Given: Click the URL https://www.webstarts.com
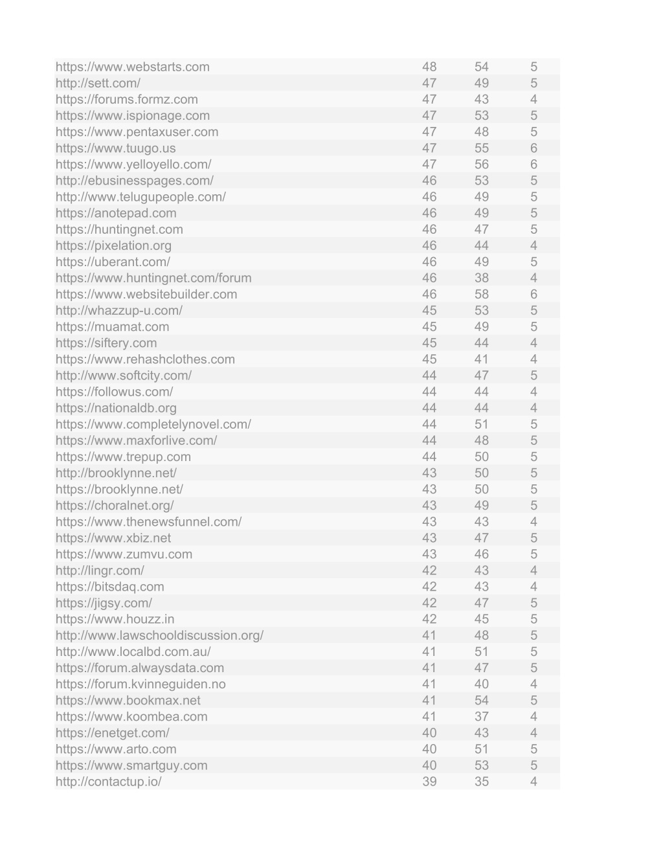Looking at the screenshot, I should [x=133, y=67].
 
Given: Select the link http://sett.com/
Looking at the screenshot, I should [x=98, y=83].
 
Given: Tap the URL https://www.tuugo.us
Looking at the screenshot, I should [x=115, y=148].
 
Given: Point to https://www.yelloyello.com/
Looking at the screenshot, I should [x=133, y=164].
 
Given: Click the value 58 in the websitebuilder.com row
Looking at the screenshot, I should [x=481, y=295].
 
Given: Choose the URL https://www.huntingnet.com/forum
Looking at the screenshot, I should [x=153, y=278].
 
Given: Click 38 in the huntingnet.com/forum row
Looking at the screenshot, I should [x=481, y=278].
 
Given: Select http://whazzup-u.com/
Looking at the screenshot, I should [x=119, y=311].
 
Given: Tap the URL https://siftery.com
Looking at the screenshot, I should [x=106, y=343].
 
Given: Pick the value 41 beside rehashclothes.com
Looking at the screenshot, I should [x=481, y=359].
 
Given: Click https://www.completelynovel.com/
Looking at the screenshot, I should [x=153, y=424].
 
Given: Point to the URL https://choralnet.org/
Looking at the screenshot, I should [x=115, y=506].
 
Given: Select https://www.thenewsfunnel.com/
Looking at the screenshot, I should [x=148, y=522].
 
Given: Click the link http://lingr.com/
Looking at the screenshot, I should [x=100, y=570].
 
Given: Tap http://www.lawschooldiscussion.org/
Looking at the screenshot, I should [x=159, y=635].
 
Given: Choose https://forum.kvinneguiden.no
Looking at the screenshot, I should [x=140, y=684].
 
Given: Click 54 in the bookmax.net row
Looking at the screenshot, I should [x=481, y=701].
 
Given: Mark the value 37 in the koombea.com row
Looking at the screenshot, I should [x=481, y=717].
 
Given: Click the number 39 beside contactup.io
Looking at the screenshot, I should [x=429, y=782].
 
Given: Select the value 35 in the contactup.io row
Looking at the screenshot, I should [x=481, y=782].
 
